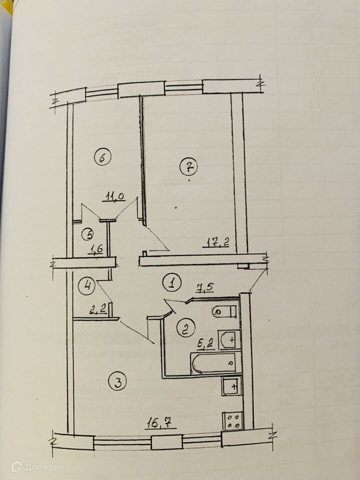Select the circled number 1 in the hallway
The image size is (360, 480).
(x=171, y=283)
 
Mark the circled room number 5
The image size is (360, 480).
(x=87, y=233)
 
